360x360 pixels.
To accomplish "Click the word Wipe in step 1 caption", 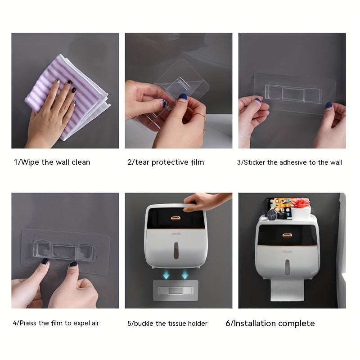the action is click(x=30, y=162).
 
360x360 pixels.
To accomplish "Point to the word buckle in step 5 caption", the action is click(x=144, y=324).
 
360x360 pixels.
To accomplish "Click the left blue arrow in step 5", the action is click(x=166, y=274).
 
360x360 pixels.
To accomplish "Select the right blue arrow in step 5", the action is click(x=185, y=274).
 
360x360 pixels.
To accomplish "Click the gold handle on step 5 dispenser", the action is click(x=175, y=218).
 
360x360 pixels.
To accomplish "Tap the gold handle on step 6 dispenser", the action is click(x=287, y=235).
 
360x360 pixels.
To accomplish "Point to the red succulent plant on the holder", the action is click(x=301, y=203).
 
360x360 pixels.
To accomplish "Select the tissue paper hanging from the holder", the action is click(x=287, y=290).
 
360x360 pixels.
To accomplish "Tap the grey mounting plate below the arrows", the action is click(x=175, y=290).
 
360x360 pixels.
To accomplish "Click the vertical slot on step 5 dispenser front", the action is click(x=176, y=251).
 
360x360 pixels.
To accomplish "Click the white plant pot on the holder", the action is click(x=301, y=212).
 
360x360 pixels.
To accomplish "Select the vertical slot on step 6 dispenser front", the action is click(x=287, y=267).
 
